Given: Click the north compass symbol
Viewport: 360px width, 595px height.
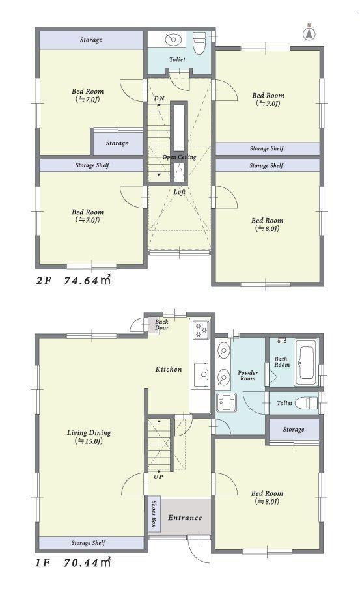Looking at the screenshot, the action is tap(309, 33).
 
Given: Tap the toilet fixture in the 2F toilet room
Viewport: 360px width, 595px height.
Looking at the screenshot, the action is tap(199, 42).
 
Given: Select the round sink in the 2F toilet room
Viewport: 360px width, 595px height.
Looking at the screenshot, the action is tap(173, 39).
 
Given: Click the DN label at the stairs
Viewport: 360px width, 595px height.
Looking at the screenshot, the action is tap(159, 98).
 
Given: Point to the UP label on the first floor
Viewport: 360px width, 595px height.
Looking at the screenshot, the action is tap(159, 477).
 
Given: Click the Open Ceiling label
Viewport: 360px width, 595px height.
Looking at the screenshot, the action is tap(179, 157).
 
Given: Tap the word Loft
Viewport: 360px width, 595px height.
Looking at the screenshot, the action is tap(179, 192).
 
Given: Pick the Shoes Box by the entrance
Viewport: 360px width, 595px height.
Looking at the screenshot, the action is tap(154, 514).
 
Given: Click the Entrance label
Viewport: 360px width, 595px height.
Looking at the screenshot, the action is tap(185, 518).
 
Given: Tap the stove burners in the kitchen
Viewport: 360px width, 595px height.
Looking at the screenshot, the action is tap(201, 330).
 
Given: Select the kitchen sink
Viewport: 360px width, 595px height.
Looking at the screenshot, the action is tap(201, 375).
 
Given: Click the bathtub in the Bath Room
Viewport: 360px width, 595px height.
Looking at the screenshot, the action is tap(306, 362).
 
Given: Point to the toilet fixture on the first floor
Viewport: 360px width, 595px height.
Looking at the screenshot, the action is tap(306, 402).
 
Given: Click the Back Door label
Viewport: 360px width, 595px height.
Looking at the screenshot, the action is tap(161, 324).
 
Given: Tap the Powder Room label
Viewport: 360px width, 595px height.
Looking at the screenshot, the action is tap(248, 375).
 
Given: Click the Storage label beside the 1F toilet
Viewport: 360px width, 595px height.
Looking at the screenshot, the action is tap(294, 430).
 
